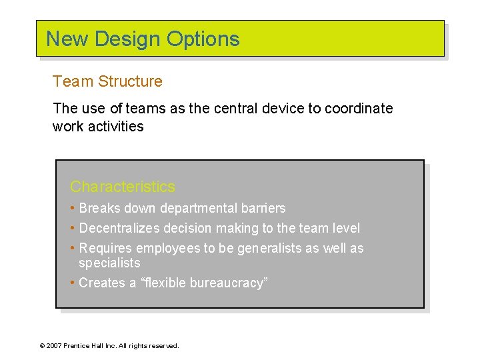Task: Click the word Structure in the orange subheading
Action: [x=130, y=81]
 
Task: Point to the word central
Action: [x=237, y=109]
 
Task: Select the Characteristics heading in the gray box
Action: [x=123, y=187]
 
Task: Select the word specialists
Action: [x=109, y=263]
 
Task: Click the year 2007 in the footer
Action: [x=54, y=346]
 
